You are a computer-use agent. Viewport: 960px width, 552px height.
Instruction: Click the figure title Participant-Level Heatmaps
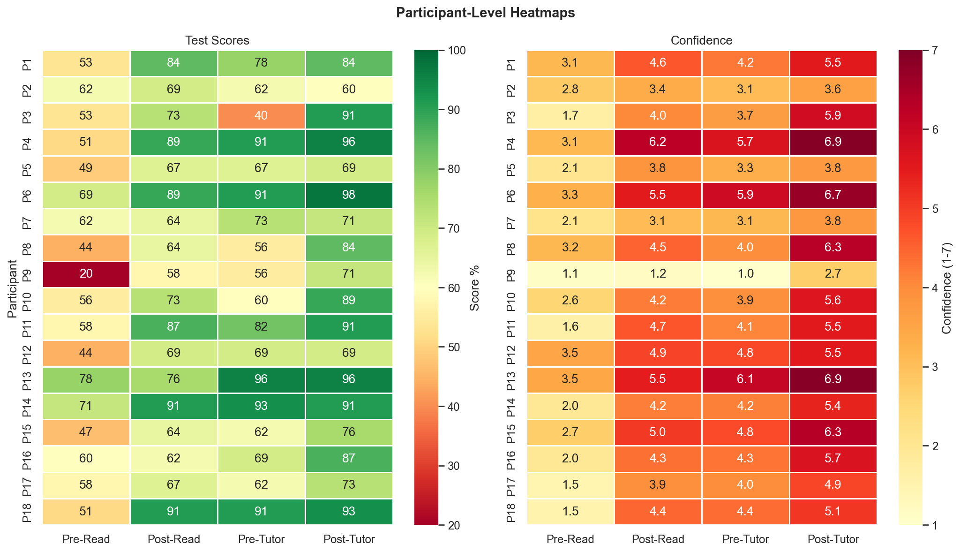[485, 13]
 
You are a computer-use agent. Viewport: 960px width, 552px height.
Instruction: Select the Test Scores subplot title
[217, 40]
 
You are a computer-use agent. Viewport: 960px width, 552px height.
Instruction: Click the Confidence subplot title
[701, 40]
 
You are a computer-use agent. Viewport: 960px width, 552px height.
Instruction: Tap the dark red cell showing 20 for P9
[86, 274]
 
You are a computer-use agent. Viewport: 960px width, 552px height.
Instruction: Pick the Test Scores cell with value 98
[349, 195]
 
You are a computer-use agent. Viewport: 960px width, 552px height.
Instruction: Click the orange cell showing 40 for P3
[261, 116]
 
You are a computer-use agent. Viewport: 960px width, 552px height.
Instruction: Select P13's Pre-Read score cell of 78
[86, 380]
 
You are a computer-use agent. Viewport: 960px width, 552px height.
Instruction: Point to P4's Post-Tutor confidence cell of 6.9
[833, 143]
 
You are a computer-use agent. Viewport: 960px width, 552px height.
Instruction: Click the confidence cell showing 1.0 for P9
[745, 274]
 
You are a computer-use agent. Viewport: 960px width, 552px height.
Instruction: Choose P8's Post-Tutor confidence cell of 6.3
[833, 248]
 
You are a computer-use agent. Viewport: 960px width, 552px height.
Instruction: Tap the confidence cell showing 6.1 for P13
[745, 380]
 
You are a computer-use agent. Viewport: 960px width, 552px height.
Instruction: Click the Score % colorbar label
[474, 287]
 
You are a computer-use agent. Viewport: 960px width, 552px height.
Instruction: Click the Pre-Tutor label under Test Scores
[261, 539]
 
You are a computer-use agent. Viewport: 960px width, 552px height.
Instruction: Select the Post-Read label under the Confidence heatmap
[658, 539]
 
